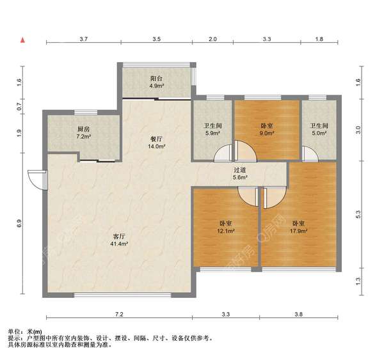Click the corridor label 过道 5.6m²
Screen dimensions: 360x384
pyautogui.click(x=239, y=173)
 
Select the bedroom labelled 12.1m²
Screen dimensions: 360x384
pyautogui.click(x=225, y=226)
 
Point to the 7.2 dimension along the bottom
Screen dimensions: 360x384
pyautogui.click(x=118, y=315)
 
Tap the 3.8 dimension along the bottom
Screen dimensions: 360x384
pyautogui.click(x=299, y=315)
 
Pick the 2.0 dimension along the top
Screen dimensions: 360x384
pyautogui.click(x=212, y=40)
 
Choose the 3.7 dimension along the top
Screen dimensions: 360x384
pyautogui.click(x=83, y=40)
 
